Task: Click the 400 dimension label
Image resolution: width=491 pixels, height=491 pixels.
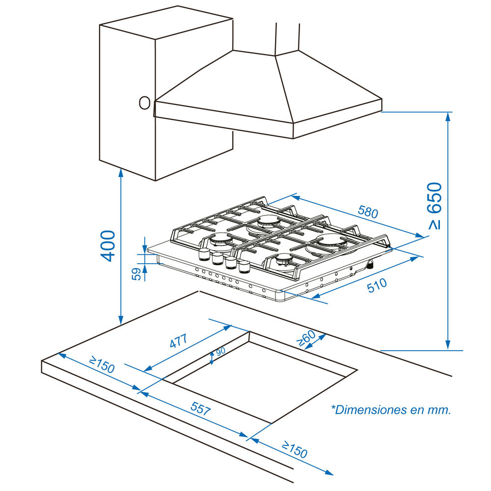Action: [108, 246]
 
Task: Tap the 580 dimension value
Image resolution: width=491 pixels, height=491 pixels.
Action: [368, 212]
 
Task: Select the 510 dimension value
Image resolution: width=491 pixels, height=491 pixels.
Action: [377, 285]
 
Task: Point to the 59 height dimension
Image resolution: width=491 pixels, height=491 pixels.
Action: [136, 273]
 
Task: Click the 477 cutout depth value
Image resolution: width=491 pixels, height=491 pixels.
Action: [179, 341]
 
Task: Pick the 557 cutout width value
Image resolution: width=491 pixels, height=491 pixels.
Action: [201, 409]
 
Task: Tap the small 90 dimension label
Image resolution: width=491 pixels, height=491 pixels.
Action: [220, 351]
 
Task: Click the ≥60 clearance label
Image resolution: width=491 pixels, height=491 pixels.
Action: [306, 338]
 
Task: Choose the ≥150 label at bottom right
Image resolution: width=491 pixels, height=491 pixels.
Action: [294, 449]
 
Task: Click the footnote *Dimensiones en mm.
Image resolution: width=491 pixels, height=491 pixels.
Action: [391, 409]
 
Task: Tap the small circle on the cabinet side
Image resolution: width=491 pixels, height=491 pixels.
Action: [145, 103]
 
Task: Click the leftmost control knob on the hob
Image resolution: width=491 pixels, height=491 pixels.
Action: [204, 254]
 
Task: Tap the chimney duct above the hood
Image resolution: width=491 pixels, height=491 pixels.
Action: [287, 39]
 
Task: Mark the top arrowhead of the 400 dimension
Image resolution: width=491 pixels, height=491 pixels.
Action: [121, 171]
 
